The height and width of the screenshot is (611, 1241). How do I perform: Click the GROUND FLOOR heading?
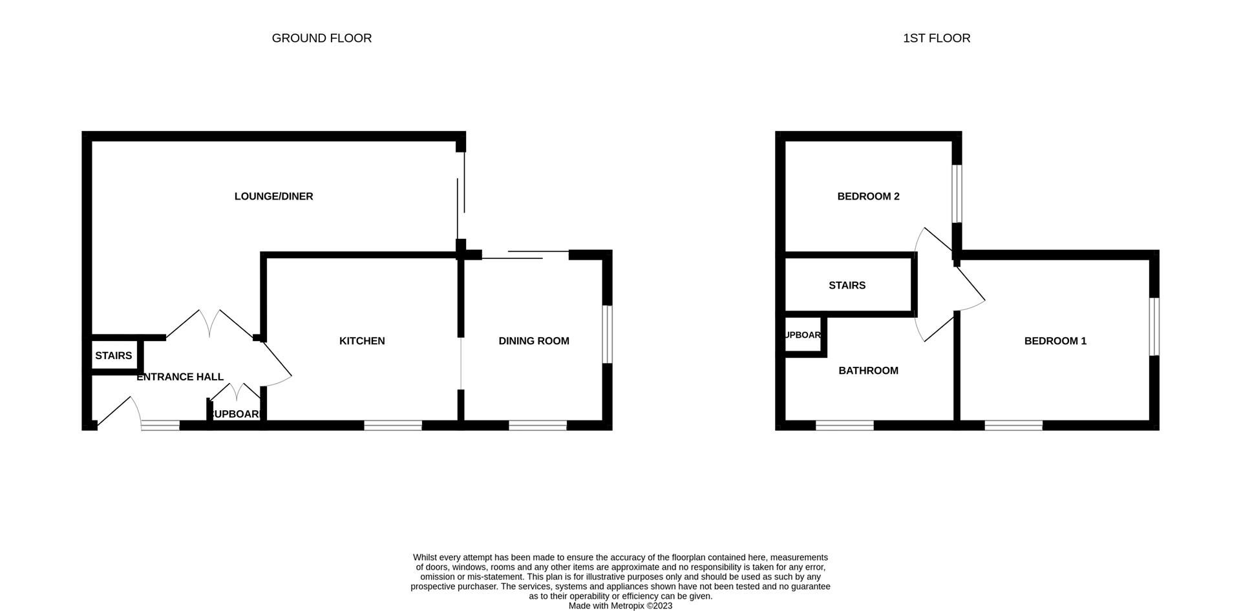click(321, 38)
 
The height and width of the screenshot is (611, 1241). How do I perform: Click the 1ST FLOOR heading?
click(936, 38)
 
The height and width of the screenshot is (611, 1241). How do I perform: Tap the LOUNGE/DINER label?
click(273, 196)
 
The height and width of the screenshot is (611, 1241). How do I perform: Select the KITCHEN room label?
click(362, 341)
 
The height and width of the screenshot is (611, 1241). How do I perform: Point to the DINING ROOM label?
click(533, 341)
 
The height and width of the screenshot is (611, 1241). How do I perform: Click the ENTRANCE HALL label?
click(180, 377)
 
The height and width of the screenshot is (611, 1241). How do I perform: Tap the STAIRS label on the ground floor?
click(113, 356)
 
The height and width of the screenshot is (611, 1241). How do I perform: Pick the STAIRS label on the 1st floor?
click(847, 285)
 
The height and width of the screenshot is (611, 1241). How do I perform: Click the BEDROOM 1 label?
click(1055, 341)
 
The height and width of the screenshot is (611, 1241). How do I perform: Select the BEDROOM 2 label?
click(868, 196)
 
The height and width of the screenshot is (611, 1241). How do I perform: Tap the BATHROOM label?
click(868, 371)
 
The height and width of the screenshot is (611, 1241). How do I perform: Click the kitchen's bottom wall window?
click(393, 426)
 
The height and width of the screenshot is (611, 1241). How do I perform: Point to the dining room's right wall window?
click(608, 334)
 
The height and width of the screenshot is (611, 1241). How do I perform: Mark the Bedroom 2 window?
click(957, 194)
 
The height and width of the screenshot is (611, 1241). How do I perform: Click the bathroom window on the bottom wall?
click(845, 426)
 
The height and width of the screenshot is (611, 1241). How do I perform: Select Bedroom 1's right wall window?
click(1154, 326)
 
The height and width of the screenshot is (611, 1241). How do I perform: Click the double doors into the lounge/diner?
click(210, 323)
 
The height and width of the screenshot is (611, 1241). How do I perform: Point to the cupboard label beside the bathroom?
click(803, 335)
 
